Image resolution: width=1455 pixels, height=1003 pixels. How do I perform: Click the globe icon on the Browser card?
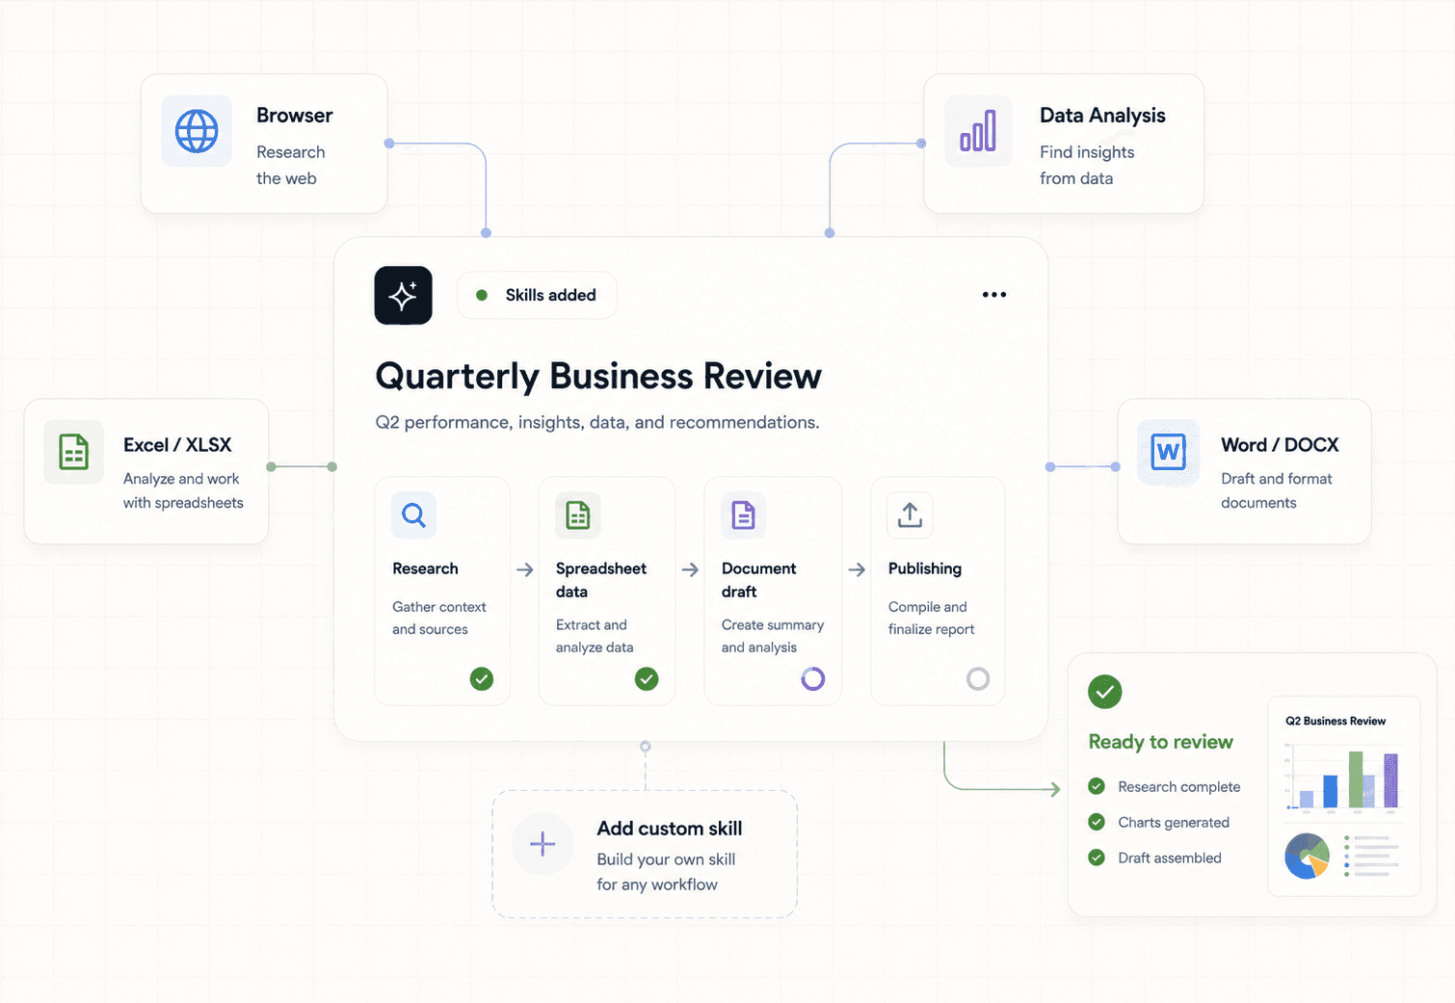click(197, 131)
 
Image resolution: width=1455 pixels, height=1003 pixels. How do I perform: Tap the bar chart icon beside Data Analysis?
click(978, 131)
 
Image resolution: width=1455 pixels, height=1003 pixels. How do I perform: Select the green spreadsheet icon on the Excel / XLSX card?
click(73, 452)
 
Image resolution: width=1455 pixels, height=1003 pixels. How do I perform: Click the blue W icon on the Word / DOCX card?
click(1168, 452)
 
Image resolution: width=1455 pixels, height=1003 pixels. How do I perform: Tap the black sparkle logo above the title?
click(403, 295)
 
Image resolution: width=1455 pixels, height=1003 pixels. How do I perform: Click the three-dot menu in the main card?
click(993, 295)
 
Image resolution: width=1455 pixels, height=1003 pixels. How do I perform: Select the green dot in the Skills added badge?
click(482, 295)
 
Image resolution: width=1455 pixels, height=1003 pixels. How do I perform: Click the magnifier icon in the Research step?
click(413, 515)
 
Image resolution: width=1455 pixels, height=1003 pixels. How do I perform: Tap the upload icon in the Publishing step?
click(910, 515)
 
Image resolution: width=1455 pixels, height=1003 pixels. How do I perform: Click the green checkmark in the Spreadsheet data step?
click(647, 679)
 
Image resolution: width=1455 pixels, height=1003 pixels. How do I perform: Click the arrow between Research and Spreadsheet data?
click(525, 569)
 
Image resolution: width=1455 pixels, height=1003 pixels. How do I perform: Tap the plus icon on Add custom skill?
click(542, 844)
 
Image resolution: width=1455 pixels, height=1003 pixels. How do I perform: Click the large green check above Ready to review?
click(1104, 692)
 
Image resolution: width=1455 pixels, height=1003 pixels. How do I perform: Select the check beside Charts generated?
click(1097, 823)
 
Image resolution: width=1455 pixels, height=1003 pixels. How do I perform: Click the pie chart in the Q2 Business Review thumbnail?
click(1307, 857)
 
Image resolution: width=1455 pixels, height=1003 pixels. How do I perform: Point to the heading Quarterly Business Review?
click(598, 377)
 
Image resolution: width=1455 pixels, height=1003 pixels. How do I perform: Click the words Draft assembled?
click(1169, 858)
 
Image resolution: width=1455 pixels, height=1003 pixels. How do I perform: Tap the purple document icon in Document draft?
click(743, 515)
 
